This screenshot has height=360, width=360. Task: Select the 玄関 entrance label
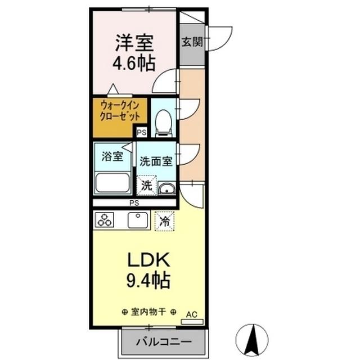(x=192, y=42)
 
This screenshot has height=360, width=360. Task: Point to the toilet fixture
(x=163, y=121)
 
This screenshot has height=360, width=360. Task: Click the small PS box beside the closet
(x=141, y=133)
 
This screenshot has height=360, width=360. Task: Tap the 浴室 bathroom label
(x=111, y=157)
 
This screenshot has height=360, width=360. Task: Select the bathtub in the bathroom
(x=113, y=183)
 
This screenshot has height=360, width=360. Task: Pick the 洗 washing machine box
(x=146, y=185)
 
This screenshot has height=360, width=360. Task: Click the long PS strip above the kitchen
(x=134, y=202)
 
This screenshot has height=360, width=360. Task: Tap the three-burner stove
(x=105, y=220)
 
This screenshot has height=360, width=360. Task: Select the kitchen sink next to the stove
(x=138, y=220)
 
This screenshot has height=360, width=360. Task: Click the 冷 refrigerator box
(x=165, y=220)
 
